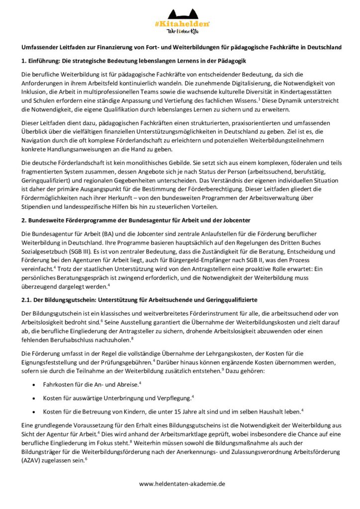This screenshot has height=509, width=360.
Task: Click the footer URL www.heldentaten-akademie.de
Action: point(182,483)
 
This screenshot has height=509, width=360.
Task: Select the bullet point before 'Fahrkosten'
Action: point(33,385)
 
